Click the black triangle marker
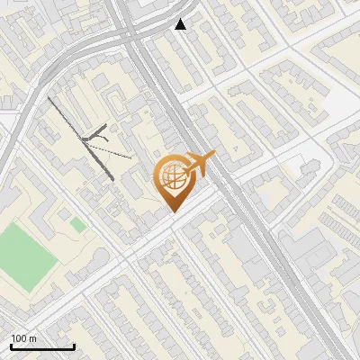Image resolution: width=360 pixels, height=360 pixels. (x=181, y=24)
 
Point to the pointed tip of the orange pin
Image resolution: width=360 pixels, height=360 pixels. (x=172, y=211)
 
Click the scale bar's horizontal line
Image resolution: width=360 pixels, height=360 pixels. (x=42, y=346)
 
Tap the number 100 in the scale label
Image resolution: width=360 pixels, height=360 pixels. (x=20, y=338)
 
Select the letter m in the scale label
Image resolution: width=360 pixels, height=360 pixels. (x=32, y=338)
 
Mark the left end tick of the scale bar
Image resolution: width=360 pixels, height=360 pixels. (x=11, y=345)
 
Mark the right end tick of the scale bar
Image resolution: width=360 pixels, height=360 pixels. (x=74, y=345)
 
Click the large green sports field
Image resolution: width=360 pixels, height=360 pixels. (x=24, y=256)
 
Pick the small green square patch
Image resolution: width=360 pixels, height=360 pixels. (x=78, y=223)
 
